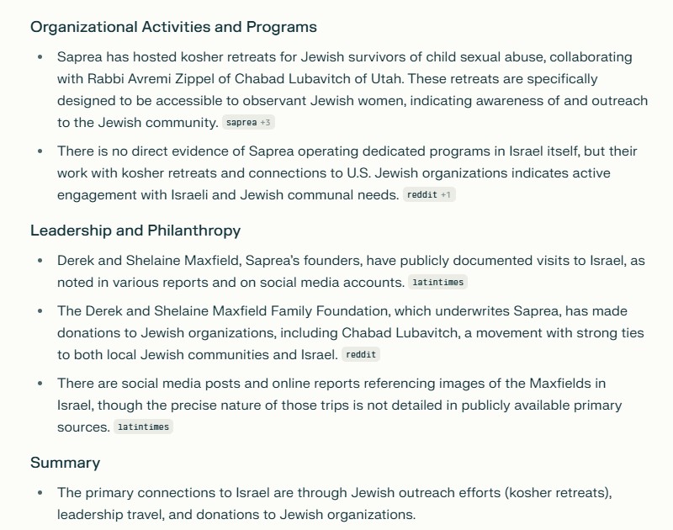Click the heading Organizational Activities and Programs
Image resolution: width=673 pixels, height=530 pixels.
coord(173,26)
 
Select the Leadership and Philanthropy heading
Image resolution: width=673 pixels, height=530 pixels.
coord(135,230)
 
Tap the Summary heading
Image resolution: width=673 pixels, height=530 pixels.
coord(65,462)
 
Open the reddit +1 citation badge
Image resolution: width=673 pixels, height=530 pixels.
coord(429,195)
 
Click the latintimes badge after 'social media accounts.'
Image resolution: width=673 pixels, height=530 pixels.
coord(437,283)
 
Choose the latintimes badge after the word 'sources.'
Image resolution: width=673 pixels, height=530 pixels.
coord(143,427)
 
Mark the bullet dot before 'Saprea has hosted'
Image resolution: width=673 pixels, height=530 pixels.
coord(40,57)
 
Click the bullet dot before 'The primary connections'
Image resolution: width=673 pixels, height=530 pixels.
coord(40,492)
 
